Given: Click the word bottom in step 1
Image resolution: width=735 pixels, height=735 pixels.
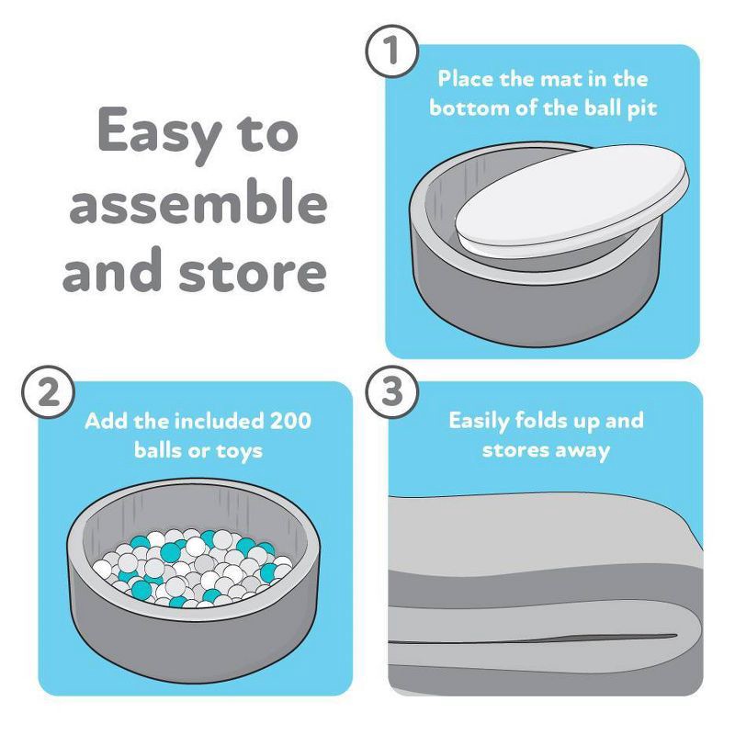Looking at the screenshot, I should pos(467,107).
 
